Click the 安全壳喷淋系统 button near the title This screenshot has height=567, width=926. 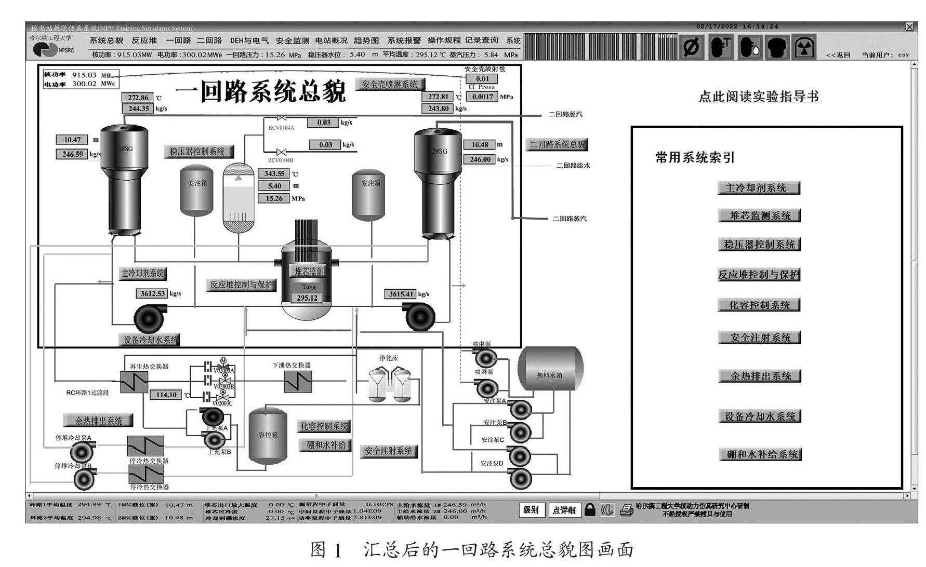(390, 84)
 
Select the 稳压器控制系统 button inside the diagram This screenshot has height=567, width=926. (197, 152)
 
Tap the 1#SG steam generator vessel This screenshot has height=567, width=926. (124, 177)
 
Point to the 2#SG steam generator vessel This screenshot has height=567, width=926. (438, 182)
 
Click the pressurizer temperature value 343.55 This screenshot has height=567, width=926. (274, 174)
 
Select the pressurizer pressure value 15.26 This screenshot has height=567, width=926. (274, 198)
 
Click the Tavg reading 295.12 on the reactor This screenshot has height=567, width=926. (307, 298)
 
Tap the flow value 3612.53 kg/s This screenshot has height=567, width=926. (152, 294)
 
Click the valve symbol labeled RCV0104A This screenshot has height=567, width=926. (281, 118)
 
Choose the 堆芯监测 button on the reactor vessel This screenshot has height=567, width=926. (309, 271)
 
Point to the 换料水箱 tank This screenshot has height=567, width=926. (550, 369)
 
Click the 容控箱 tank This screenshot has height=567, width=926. (268, 435)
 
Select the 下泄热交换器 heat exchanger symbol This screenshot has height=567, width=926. (298, 382)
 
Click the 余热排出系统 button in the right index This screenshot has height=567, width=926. (760, 376)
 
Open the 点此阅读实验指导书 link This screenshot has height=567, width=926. (759, 97)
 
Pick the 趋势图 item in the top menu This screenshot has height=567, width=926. (366, 40)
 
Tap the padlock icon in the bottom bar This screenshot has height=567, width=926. (589, 509)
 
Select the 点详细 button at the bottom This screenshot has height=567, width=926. (564, 510)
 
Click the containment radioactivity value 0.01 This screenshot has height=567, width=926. (483, 79)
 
